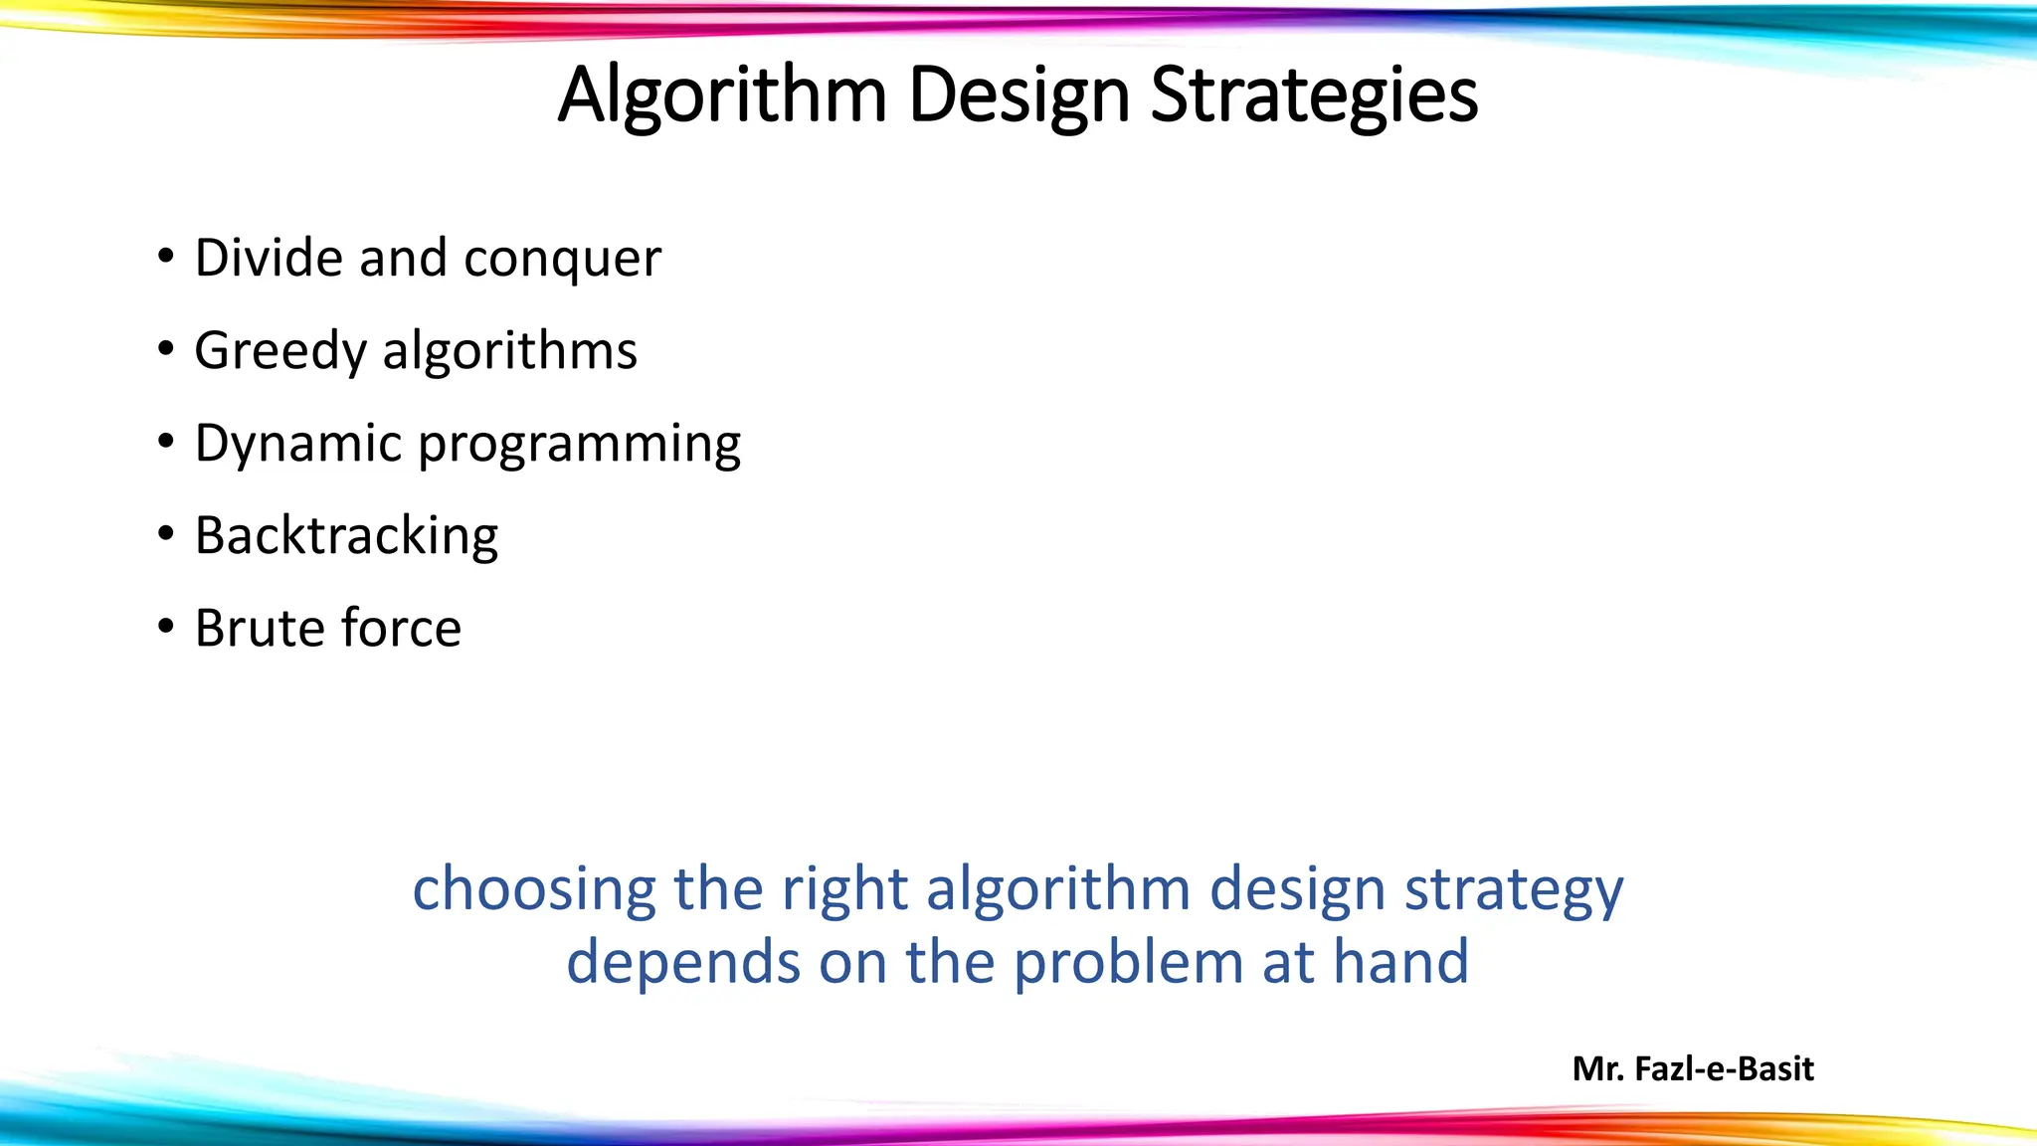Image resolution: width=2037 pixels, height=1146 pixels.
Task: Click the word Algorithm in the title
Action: pos(721,95)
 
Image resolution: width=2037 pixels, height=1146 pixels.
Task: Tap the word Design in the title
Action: pos(1018,95)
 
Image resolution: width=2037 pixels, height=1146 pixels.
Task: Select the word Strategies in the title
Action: pos(1314,95)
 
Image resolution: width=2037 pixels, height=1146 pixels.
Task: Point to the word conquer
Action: pos(562,260)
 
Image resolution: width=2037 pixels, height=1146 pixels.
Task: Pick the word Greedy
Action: pos(280,352)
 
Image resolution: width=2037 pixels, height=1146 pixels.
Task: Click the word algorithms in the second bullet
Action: pos(509,351)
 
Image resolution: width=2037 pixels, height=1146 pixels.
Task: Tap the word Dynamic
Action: pos(297,444)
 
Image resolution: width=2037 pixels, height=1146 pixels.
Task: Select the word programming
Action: pos(579,445)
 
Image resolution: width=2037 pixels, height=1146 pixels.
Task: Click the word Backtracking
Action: pos(346,536)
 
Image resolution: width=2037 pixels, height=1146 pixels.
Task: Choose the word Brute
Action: pos(260,628)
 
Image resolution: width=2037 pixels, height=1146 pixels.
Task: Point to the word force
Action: pos(401,628)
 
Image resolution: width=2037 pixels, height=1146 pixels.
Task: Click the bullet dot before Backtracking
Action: pos(166,535)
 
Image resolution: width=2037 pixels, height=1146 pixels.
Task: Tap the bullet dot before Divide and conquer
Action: pos(166,258)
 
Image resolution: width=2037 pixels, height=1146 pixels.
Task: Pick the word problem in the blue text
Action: pos(1128,964)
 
